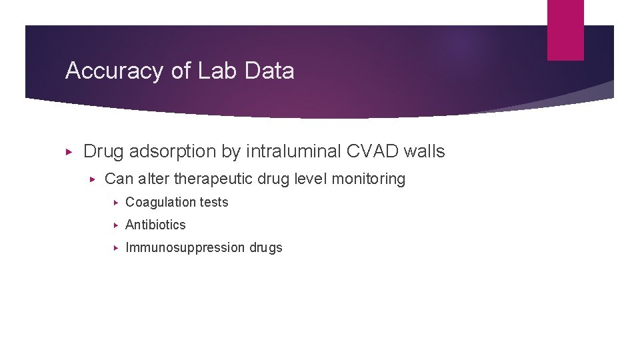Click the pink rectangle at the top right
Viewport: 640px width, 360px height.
click(565, 30)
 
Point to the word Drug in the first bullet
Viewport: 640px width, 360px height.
click(103, 152)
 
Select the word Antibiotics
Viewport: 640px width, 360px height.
click(155, 225)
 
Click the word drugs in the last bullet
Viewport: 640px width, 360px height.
click(266, 248)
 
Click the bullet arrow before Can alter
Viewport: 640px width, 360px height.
click(94, 179)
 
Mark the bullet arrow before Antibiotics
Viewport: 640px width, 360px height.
click(116, 225)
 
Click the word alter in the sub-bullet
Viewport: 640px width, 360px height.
click(154, 179)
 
